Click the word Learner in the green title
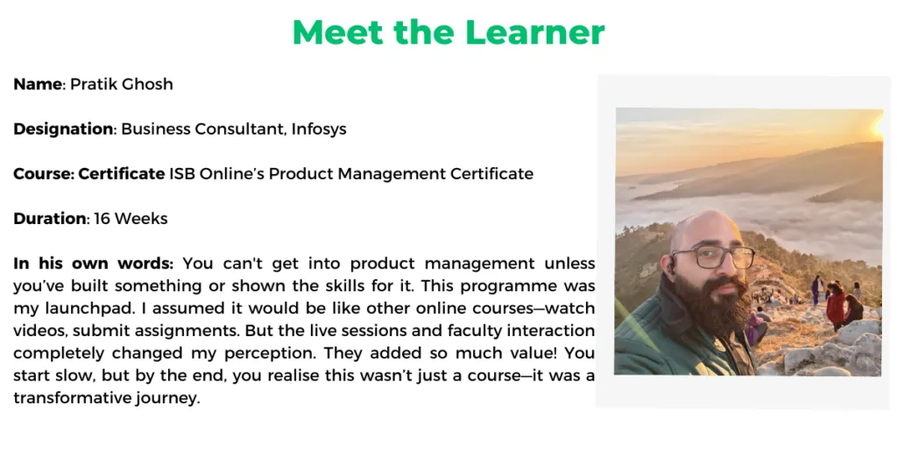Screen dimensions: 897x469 pos(535,32)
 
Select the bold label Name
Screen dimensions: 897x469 pos(38,84)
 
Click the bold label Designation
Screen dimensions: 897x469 pos(63,129)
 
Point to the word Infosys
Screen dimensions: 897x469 pos(319,129)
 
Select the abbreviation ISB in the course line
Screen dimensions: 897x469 pos(182,173)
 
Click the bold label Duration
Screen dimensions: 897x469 pos(50,218)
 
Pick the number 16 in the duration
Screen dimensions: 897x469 pos(102,218)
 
